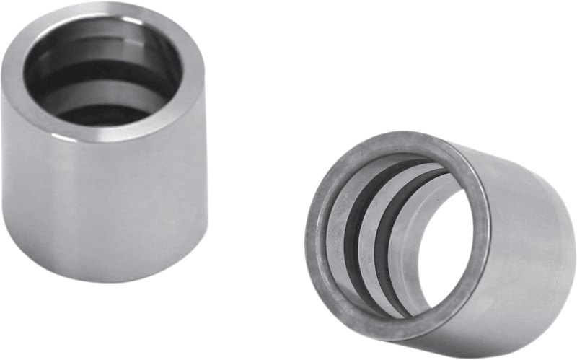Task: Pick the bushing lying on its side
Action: click(x=440, y=238)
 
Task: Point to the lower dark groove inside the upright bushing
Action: click(x=108, y=108)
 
